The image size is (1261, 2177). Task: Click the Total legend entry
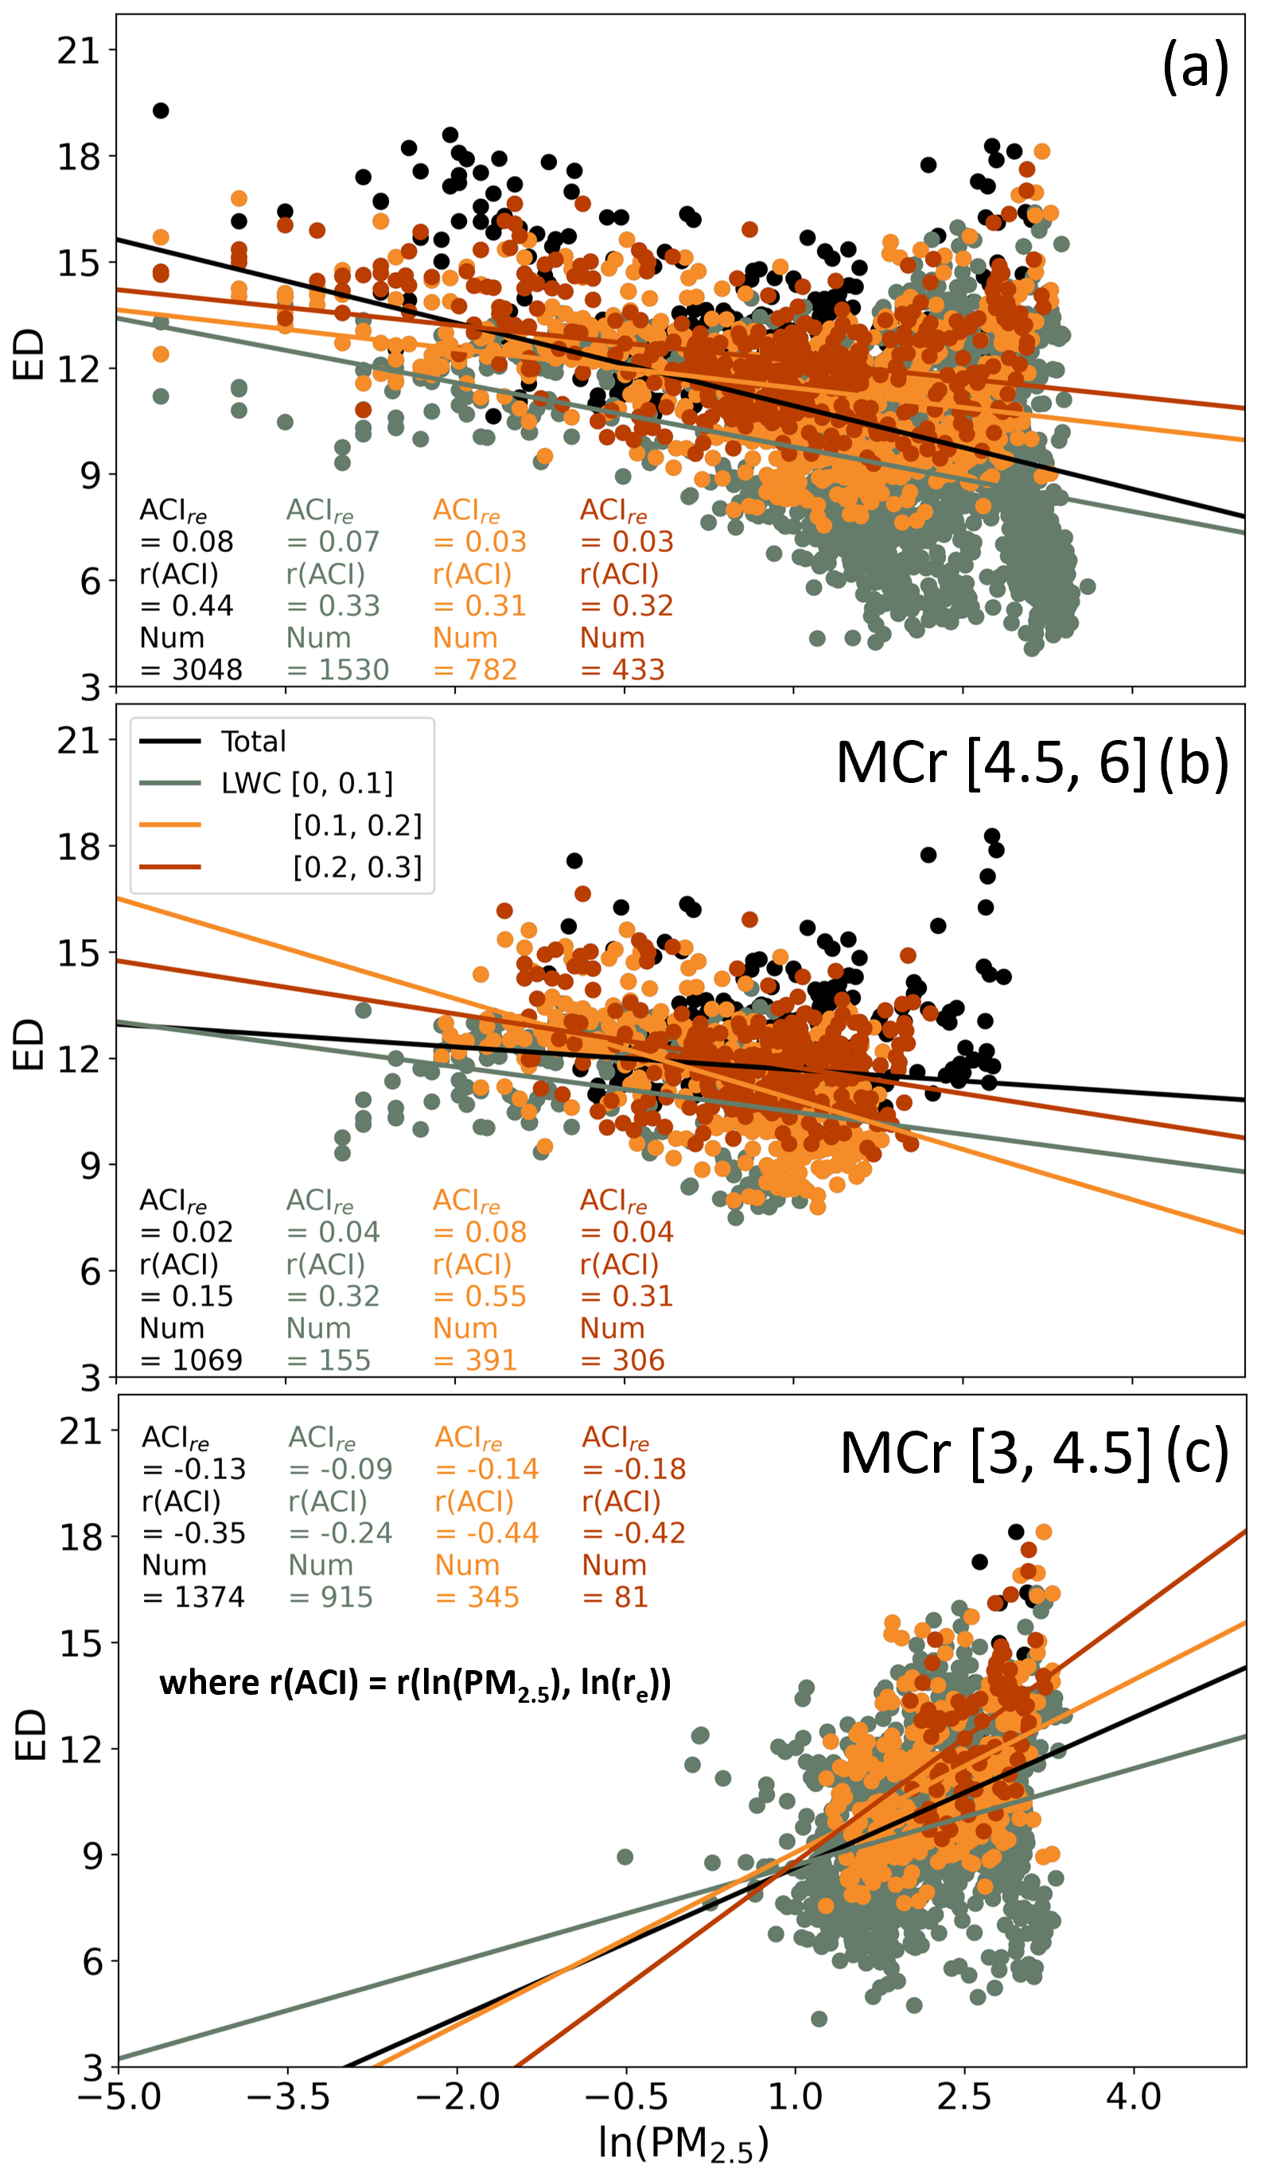pos(252,742)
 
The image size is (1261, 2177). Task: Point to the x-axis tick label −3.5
pos(288,2096)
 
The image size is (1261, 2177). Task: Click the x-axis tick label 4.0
pos(1133,2096)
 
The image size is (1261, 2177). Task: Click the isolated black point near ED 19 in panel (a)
pos(161,111)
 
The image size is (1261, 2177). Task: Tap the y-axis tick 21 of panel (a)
pos(79,51)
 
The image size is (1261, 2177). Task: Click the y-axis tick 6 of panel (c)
pos(91,1962)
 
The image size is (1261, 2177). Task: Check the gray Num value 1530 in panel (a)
pos(353,669)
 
